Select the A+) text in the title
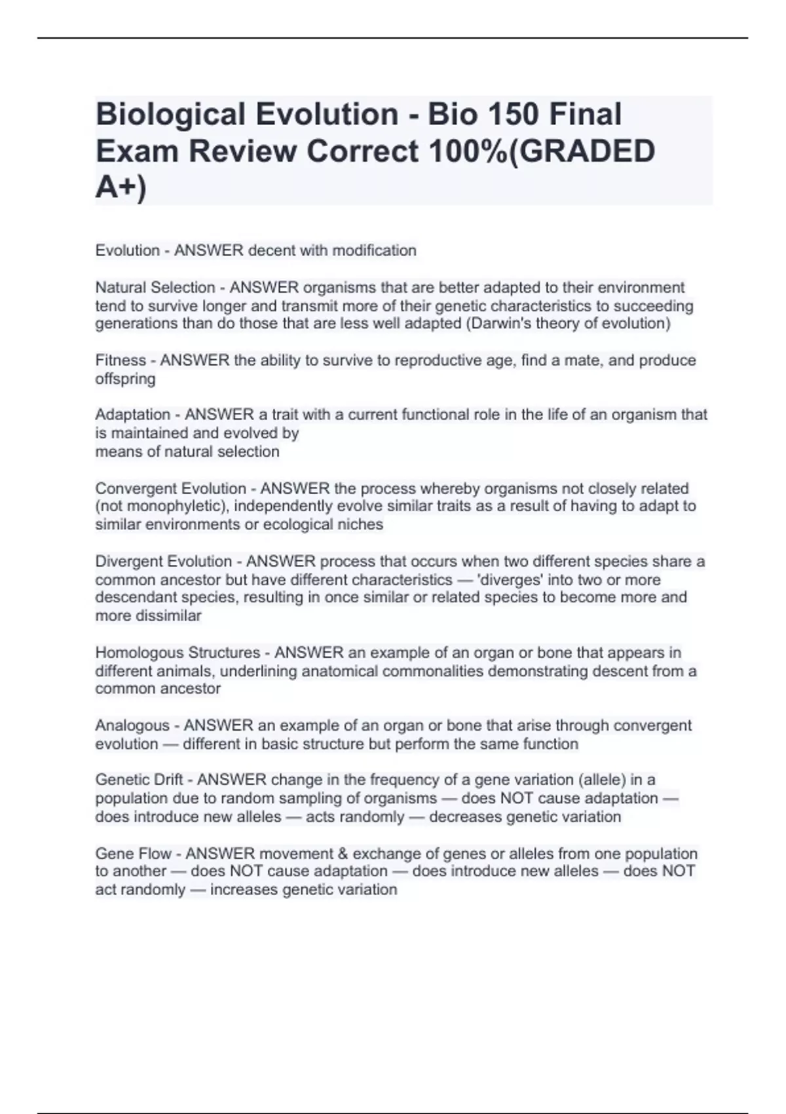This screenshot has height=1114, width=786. pyautogui.click(x=121, y=187)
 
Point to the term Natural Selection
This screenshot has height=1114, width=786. pyautogui.click(x=155, y=288)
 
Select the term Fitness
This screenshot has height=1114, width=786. pyautogui.click(x=121, y=360)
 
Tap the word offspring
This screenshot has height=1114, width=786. pyautogui.click(x=125, y=379)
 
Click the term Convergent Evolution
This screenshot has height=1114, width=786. pyautogui.click(x=170, y=488)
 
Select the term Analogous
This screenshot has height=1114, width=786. pyautogui.click(x=132, y=725)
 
